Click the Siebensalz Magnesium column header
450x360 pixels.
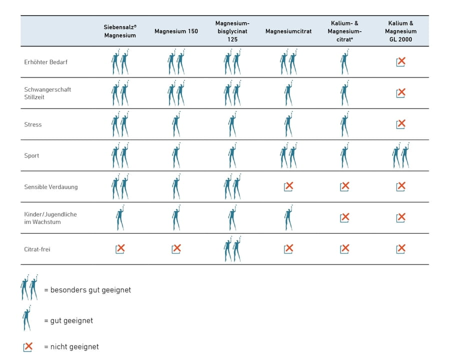[120, 31]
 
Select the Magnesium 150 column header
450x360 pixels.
[176, 31]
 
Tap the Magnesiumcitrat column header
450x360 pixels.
[288, 31]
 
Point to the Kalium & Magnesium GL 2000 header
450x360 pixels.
[400, 31]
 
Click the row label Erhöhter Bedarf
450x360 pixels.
[45, 62]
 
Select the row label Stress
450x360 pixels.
[32, 124]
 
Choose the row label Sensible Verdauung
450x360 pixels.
[51, 187]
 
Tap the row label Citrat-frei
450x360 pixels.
[37, 249]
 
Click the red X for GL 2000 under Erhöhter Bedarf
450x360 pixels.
[401, 61]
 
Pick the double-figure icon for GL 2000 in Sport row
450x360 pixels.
[400, 155]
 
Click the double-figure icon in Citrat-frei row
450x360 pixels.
[232, 249]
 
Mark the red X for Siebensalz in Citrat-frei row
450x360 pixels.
[120, 248]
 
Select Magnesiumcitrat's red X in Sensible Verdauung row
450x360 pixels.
[288, 186]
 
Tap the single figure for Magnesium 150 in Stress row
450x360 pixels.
[176, 124]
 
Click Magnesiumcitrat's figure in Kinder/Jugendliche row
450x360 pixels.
[288, 217]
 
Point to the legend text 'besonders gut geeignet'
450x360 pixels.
[90, 290]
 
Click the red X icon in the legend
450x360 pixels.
[28, 347]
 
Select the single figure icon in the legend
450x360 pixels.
[26, 318]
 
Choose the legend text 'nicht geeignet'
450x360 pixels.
[74, 347]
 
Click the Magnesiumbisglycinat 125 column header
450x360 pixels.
[232, 31]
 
